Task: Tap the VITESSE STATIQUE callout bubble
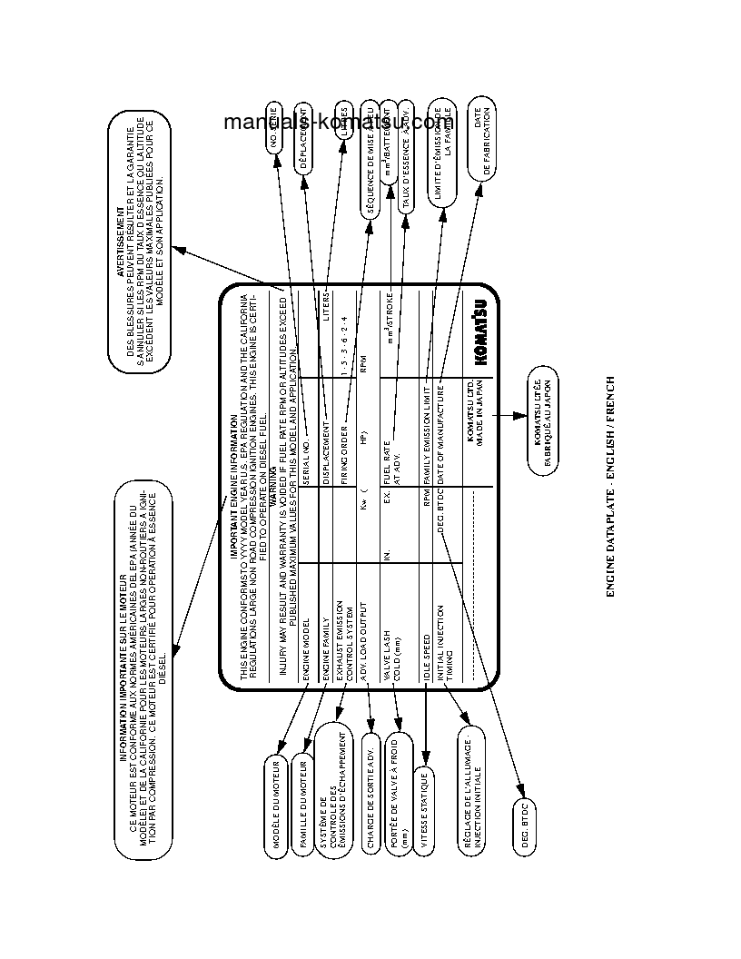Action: (x=424, y=812)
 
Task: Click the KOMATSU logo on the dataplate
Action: (x=479, y=332)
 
